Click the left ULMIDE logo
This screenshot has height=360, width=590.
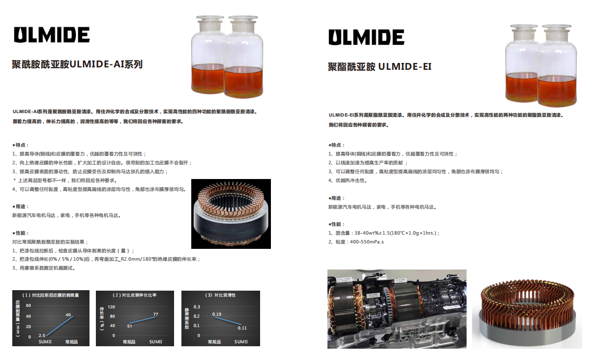pos(52,34)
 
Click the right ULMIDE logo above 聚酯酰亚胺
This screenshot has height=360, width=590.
pos(366,37)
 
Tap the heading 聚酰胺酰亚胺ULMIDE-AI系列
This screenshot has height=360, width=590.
pos(77,64)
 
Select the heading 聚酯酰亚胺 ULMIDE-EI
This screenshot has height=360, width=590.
pos(380,67)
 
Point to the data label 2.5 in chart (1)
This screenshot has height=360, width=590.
pos(42,335)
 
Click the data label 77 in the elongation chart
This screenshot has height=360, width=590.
pos(156,314)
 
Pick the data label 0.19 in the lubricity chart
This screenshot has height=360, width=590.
pos(217,314)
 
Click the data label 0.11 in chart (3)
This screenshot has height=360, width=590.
pos(242,328)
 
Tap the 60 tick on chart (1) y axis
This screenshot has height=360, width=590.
pos(29,305)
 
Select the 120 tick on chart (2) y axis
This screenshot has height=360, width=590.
pos(112,307)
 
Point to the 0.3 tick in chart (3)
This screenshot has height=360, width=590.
pos(197,307)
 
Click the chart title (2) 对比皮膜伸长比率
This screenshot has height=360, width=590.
pos(135,295)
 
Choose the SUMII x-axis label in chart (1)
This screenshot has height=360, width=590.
pos(45,342)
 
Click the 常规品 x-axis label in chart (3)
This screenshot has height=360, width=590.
pos(214,342)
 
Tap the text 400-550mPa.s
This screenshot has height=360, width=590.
pos(367,241)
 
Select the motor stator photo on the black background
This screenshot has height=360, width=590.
pos(231,214)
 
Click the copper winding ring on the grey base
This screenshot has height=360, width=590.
pos(527,313)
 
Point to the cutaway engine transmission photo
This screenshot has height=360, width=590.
pos(397,309)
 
